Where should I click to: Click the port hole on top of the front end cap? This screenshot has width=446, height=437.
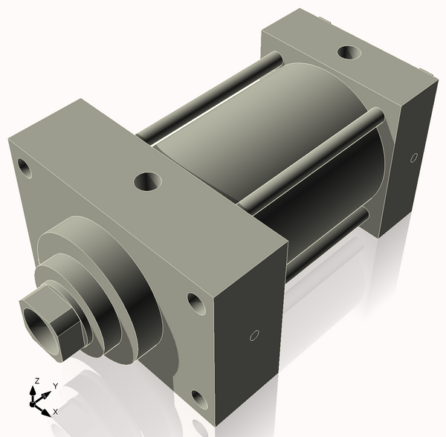click(147, 180)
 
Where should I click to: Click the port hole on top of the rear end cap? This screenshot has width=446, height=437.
click(347, 53)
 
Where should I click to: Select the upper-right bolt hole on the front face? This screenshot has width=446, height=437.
click(195, 302)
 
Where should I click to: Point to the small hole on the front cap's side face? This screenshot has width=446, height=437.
click(254, 336)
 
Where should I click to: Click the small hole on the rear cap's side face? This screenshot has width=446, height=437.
click(414, 158)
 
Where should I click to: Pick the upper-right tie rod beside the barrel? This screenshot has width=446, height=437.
click(312, 156)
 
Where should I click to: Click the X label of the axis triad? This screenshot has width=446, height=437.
click(56, 411)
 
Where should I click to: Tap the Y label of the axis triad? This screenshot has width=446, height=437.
click(55, 386)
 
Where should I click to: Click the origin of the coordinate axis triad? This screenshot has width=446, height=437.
click(33, 404)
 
